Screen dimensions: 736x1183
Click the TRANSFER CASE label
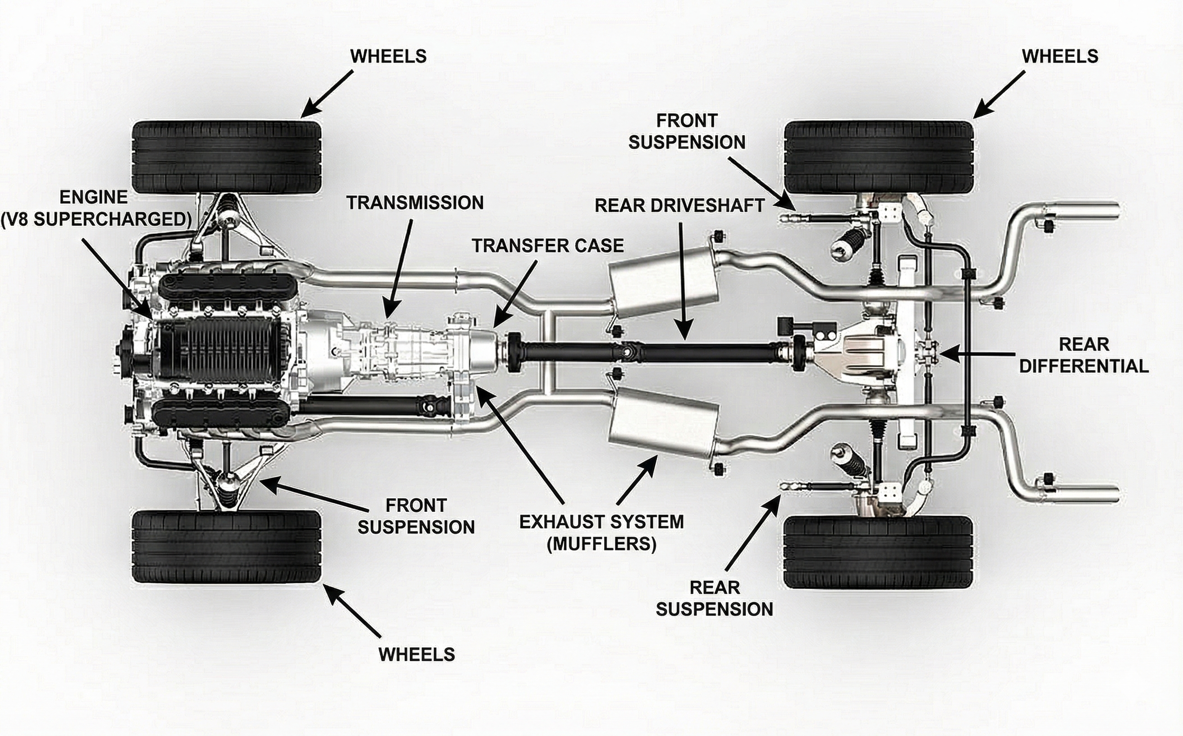pyautogui.click(x=547, y=246)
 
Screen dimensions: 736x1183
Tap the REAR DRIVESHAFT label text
pyautogui.click(x=679, y=206)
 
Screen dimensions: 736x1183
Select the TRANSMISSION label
pyautogui.click(x=415, y=203)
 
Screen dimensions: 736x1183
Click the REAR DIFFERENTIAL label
pyautogui.click(x=1084, y=355)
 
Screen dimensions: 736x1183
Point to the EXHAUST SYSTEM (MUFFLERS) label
pyautogui.click(x=601, y=533)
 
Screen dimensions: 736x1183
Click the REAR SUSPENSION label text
pyautogui.click(x=715, y=598)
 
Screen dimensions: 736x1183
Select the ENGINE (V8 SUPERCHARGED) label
pyautogui.click(x=95, y=208)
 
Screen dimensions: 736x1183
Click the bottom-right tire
pyautogui.click(x=878, y=551)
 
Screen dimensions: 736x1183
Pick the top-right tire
pyautogui.click(x=879, y=157)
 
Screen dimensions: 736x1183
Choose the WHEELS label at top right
pyautogui.click(x=1060, y=56)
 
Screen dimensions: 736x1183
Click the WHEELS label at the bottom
pyautogui.click(x=417, y=655)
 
